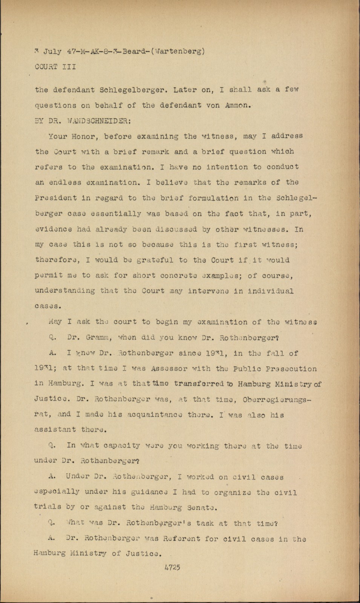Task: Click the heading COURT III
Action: (x=55, y=67)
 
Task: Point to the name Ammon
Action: (x=237, y=106)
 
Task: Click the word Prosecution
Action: (x=293, y=369)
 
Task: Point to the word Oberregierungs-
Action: (x=280, y=399)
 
